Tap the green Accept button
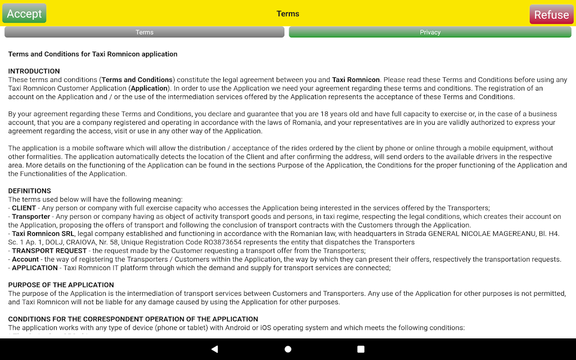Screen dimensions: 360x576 tap(24, 13)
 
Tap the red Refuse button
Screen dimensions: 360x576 tap(551, 14)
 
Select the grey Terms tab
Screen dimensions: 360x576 tap(144, 32)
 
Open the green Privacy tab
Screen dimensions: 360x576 tap(430, 32)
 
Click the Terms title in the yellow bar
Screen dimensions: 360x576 tap(288, 14)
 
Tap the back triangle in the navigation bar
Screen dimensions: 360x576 tap(215, 349)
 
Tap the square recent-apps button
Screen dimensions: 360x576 tap(360, 349)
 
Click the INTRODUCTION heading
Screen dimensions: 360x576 tap(34, 71)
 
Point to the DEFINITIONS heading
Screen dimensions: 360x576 tap(30, 191)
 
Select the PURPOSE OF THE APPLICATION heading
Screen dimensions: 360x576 tap(61, 285)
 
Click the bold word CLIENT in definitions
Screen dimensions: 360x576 tap(24, 208)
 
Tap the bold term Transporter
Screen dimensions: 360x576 tap(31, 216)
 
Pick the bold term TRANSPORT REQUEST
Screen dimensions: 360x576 tap(49, 251)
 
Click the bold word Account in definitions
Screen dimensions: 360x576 tap(25, 259)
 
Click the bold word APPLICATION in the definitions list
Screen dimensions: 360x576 tap(35, 268)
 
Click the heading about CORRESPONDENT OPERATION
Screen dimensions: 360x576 tap(133, 319)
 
